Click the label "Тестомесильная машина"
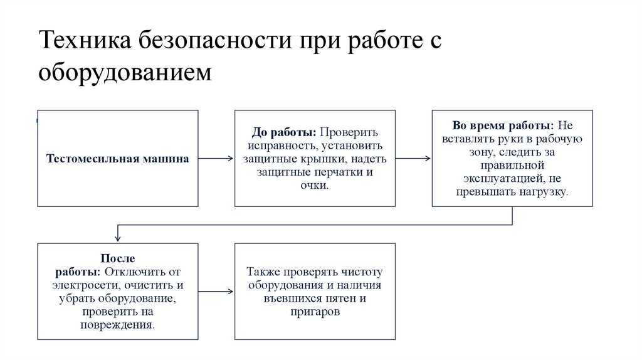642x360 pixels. [x=118, y=159]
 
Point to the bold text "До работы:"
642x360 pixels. [x=283, y=133]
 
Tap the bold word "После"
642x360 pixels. [x=118, y=258]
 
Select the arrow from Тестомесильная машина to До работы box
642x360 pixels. [x=216, y=159]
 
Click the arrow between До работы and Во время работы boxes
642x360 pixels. [x=413, y=159]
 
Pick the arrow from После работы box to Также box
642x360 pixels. [x=216, y=292]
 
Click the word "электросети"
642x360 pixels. [x=80, y=285]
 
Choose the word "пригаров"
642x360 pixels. [x=315, y=312]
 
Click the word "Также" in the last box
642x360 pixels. [x=263, y=272]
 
